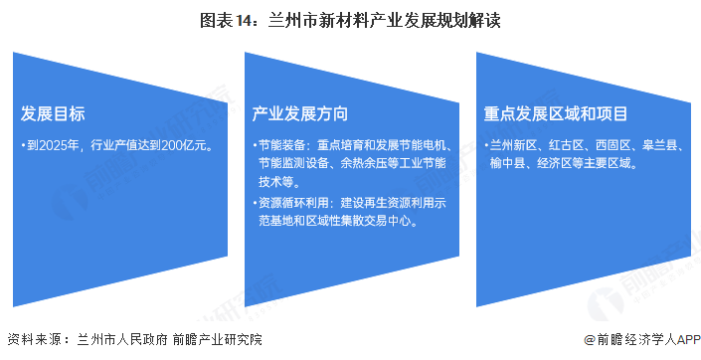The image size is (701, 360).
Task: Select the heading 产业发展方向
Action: coord(299,112)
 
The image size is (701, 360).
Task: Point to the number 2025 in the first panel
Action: coord(48,145)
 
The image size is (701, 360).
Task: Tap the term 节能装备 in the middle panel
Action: coord(283,145)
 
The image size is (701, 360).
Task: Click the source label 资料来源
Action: coord(33,339)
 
